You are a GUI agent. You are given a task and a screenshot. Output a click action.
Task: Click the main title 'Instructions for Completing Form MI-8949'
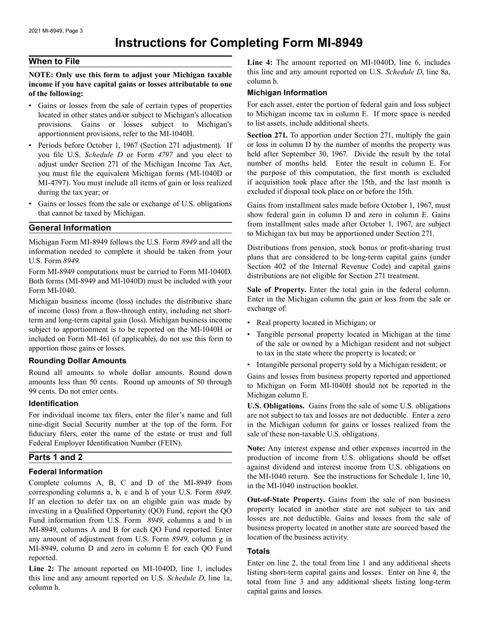[x=239, y=43]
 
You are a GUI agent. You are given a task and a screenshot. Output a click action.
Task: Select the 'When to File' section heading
[x=54, y=61]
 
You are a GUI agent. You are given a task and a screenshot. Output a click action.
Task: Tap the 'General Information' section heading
[x=70, y=228]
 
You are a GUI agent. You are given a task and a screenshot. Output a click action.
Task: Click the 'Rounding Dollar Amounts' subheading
[x=77, y=361]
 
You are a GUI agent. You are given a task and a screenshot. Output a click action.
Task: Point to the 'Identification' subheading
[x=53, y=404]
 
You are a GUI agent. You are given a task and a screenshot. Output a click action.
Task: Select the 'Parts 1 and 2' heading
[x=56, y=457]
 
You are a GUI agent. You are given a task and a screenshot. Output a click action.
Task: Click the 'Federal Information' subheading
[x=65, y=472]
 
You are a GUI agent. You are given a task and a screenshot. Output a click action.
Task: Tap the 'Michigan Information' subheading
[x=287, y=93]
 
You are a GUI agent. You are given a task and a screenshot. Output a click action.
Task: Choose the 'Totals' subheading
[x=259, y=551]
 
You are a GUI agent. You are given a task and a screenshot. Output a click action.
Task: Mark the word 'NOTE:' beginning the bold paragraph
[x=41, y=75]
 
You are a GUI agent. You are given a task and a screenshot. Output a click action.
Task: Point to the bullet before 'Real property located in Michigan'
[x=250, y=323]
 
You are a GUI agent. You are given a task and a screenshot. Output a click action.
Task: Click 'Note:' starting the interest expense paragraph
[x=257, y=448]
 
